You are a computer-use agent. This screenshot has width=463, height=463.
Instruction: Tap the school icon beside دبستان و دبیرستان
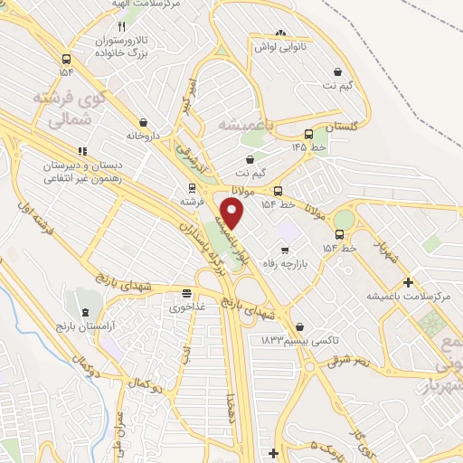coord(80,150)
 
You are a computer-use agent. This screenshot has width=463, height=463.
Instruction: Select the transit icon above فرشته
coord(190,188)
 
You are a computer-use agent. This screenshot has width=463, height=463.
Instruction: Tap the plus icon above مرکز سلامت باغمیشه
coord(409,282)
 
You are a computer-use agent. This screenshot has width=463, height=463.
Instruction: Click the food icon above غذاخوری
coord(186,294)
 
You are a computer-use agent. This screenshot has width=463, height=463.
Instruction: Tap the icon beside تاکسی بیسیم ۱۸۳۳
coord(300,326)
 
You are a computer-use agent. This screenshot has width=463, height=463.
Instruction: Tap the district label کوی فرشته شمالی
coord(68,107)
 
